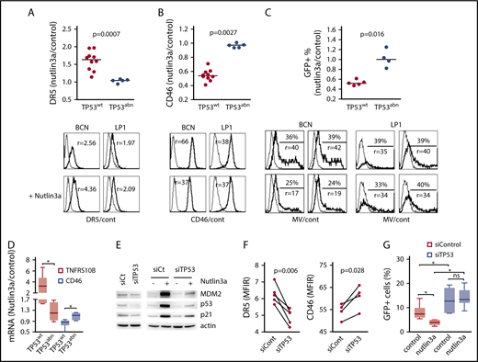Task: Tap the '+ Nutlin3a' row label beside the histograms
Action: click(x=25, y=195)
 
